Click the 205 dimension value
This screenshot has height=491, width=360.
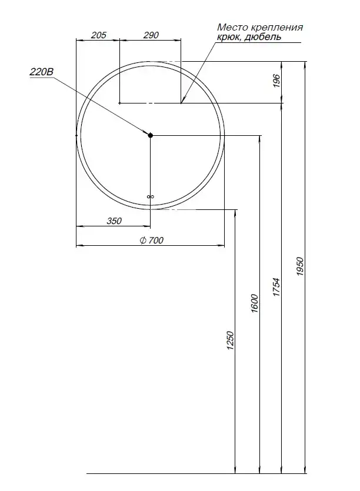[99, 35]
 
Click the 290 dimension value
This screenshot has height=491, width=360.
[151, 35]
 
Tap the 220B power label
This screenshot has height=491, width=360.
[41, 72]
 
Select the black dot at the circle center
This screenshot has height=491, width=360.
[150, 135]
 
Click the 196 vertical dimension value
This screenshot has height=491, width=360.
[276, 81]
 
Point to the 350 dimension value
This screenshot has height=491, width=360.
[114, 221]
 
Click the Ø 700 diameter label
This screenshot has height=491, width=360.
[152, 240]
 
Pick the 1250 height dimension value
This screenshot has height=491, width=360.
[230, 340]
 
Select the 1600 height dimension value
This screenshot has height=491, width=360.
[255, 303]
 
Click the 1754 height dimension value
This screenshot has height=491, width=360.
[276, 287]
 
